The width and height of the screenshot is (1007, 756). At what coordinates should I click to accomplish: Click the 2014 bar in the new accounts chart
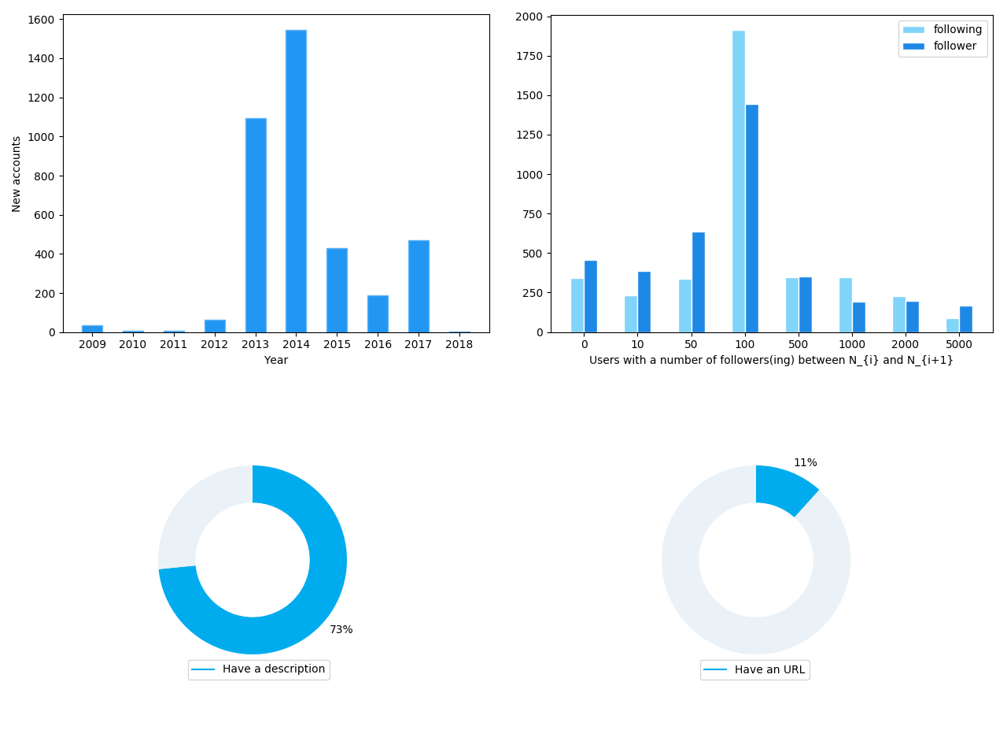296,181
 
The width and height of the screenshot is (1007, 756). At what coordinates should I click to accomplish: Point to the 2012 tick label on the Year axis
215,344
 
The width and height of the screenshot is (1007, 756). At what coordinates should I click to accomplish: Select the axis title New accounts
17,173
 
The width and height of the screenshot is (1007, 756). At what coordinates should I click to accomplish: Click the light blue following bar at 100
739,181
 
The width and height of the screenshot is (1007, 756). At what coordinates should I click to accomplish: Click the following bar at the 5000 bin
953,325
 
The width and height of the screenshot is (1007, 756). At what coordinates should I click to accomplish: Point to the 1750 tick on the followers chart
529,57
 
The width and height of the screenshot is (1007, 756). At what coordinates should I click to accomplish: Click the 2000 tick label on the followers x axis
906,344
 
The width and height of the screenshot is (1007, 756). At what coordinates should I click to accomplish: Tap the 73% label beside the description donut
341,630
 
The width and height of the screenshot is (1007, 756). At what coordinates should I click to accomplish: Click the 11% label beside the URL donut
805,463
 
